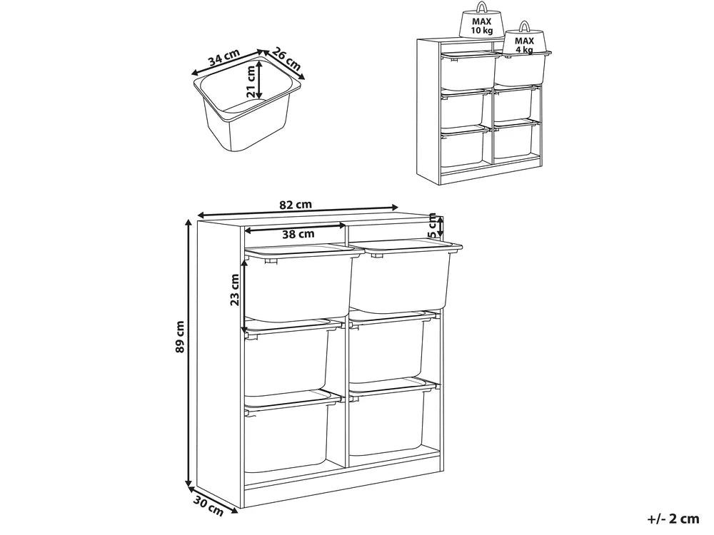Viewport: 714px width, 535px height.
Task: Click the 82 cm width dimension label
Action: pyautogui.click(x=296, y=205)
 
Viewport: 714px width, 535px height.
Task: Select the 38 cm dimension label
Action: pyautogui.click(x=298, y=234)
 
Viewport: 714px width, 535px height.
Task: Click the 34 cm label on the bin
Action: pyautogui.click(x=223, y=58)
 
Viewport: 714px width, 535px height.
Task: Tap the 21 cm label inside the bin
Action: pyautogui.click(x=250, y=81)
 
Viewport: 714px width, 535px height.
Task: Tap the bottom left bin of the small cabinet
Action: pyautogui.click(x=463, y=148)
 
